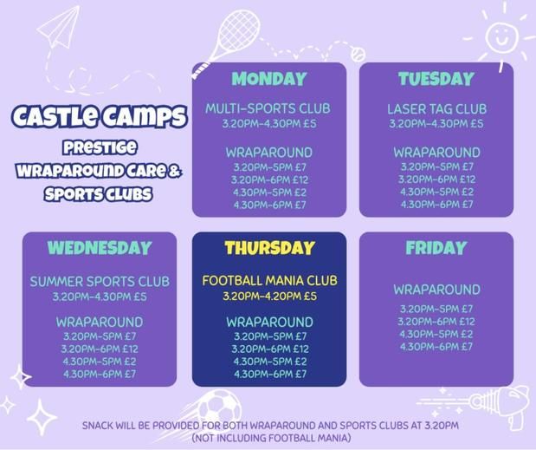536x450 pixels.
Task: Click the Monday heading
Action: (x=269, y=79)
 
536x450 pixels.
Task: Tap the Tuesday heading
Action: (x=436, y=79)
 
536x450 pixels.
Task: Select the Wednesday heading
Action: (x=100, y=248)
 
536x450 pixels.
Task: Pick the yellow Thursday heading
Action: (x=269, y=248)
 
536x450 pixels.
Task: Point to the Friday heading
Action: (x=436, y=247)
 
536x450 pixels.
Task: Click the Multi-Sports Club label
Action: (x=268, y=108)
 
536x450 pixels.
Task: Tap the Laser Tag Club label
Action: (x=436, y=109)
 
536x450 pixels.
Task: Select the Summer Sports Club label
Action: (x=100, y=281)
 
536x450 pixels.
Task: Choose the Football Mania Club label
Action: (x=269, y=281)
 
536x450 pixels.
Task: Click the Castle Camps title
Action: (x=100, y=116)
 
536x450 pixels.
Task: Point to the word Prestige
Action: (x=100, y=148)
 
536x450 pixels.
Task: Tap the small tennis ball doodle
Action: (x=358, y=54)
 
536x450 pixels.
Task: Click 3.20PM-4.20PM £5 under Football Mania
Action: (x=269, y=296)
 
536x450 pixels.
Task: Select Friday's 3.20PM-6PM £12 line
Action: (x=436, y=322)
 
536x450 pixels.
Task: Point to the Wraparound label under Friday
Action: (x=436, y=290)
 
